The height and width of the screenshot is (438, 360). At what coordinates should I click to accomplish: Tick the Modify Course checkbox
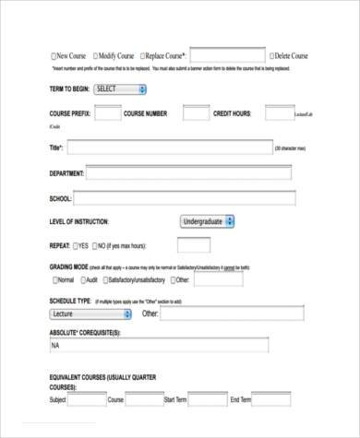(95, 56)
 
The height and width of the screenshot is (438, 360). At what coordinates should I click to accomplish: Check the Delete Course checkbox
(271, 56)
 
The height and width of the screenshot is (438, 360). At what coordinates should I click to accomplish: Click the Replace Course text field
(227, 55)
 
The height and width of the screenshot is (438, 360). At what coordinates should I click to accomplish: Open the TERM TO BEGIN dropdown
(120, 89)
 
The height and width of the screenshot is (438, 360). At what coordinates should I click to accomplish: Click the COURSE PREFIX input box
(107, 112)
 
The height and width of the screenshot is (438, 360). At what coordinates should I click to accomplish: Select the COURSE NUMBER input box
(196, 112)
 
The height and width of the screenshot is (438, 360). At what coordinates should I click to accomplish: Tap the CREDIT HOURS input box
(278, 112)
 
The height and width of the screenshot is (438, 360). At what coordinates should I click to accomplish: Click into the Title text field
(169, 148)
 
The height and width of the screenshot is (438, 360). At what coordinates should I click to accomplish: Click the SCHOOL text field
(185, 198)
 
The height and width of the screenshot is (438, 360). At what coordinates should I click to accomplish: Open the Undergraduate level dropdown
(208, 221)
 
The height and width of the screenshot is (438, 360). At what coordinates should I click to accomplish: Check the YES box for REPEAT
(76, 246)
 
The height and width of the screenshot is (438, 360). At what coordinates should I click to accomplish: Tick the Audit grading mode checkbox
(83, 279)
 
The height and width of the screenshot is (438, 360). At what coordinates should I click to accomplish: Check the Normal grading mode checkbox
(53, 279)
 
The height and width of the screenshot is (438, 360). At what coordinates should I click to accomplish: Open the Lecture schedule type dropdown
(92, 314)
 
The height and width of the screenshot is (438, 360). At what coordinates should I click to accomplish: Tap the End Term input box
(271, 399)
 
